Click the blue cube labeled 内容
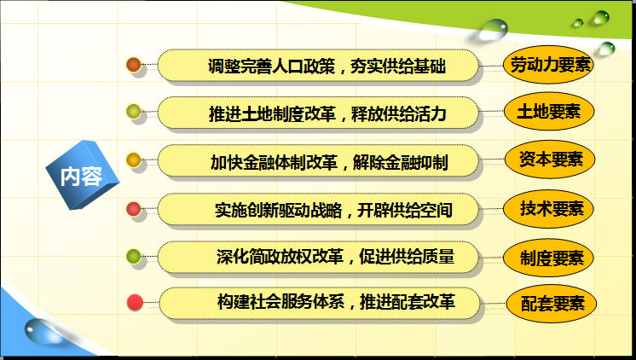83,176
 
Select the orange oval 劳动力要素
549,65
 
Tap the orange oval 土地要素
549,111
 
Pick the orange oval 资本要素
550,159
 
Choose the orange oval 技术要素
549,209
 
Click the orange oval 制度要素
549,258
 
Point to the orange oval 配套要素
552,303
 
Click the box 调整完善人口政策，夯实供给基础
318,66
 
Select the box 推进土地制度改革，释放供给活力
318,113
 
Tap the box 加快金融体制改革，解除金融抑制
318,161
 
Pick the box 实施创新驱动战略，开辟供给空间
318,209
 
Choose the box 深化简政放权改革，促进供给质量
318,257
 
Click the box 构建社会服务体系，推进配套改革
320,303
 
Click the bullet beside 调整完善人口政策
134,65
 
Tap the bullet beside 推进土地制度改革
134,112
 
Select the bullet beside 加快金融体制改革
134,160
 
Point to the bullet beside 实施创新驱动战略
134,209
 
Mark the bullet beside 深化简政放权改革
134,257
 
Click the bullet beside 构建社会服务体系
135,302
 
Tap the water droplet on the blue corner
41,332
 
